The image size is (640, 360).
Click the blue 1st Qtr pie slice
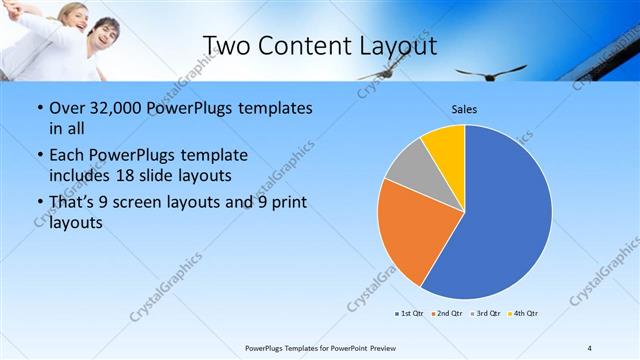tap(505, 215)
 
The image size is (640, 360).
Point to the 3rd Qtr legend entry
tap(485, 314)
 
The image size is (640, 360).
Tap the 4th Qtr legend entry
tap(523, 314)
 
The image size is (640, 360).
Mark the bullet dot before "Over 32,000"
tap(38, 108)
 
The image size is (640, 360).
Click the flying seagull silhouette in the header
tap(489, 71)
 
